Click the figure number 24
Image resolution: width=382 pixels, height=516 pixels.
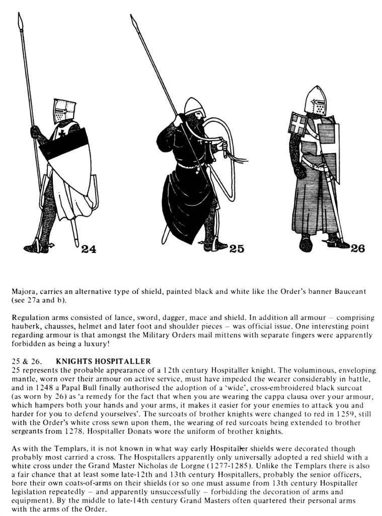pos(89,248)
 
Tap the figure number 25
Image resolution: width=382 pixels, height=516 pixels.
pos(237,248)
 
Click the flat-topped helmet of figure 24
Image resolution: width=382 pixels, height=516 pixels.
pos(64,111)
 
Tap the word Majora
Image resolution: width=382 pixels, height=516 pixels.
pos(24,292)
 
